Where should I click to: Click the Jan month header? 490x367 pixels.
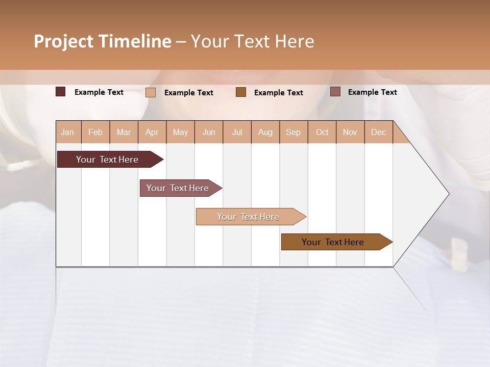(x=67, y=132)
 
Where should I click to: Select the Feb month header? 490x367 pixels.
(x=95, y=132)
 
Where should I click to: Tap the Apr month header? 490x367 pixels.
(x=152, y=132)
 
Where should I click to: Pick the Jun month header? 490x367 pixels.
(x=209, y=132)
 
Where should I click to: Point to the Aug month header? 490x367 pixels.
(x=265, y=132)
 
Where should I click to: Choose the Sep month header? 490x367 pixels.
(x=293, y=132)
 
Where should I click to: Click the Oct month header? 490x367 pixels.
(x=322, y=132)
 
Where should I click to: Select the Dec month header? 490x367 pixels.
(x=379, y=132)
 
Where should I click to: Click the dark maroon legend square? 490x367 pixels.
(x=60, y=92)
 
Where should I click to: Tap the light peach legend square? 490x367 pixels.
(x=151, y=92)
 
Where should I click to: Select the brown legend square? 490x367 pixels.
(x=241, y=92)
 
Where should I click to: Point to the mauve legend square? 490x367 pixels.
(x=335, y=92)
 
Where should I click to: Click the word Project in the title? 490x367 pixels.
(x=63, y=41)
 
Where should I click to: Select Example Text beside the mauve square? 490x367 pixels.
(x=372, y=92)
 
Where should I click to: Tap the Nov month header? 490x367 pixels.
(x=350, y=132)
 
